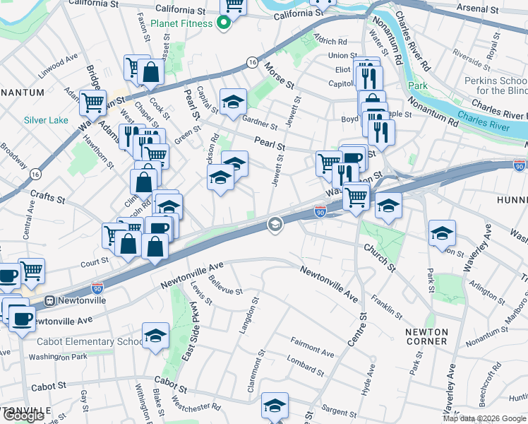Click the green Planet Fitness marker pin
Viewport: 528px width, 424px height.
pyautogui.click(x=224, y=23)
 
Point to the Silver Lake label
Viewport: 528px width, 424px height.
pyautogui.click(x=46, y=120)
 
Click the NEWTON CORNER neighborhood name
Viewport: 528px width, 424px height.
pyautogui.click(x=426, y=336)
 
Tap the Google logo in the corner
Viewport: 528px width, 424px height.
pyautogui.click(x=23, y=416)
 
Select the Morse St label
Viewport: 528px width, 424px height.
pyautogui.click(x=280, y=76)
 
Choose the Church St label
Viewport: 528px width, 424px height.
pyautogui.click(x=380, y=258)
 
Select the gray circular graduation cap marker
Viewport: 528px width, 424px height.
pyautogui.click(x=275, y=225)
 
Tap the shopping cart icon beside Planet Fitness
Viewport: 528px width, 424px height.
pyautogui.click(x=233, y=6)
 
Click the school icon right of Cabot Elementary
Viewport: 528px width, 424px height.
pyautogui.click(x=155, y=337)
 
